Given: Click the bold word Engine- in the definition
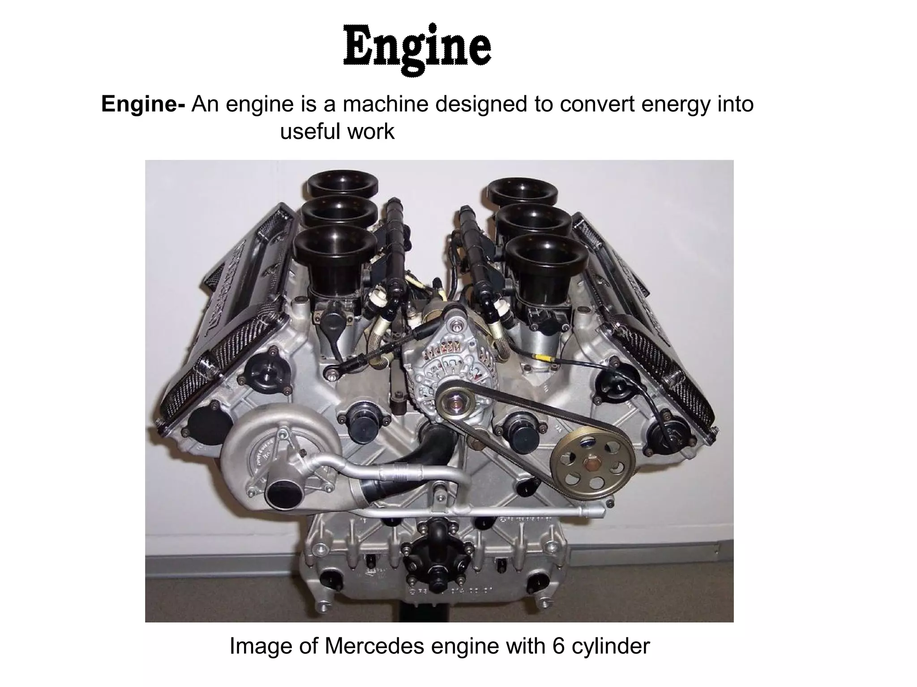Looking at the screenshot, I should tap(143, 104).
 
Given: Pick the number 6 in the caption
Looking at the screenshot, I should tap(559, 646).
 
